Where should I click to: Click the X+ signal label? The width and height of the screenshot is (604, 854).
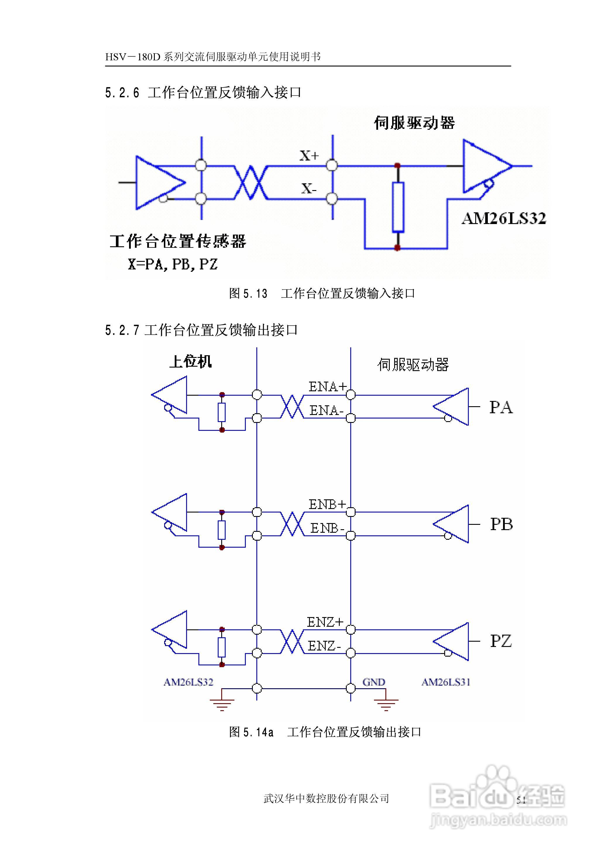click(x=309, y=155)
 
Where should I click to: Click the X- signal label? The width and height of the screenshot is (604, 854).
click(x=309, y=189)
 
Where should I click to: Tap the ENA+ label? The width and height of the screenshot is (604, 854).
click(x=327, y=387)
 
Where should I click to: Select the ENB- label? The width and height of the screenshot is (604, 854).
click(x=327, y=528)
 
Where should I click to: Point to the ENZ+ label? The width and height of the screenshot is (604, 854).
click(x=325, y=622)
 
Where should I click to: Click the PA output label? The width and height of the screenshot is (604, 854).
click(x=501, y=407)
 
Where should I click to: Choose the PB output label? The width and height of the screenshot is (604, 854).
click(x=501, y=524)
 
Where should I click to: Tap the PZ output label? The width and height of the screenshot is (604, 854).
click(x=501, y=641)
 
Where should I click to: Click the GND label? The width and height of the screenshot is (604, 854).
click(x=374, y=682)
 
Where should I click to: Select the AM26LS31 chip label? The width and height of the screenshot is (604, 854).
click(x=446, y=682)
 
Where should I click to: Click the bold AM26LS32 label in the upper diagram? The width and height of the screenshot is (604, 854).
click(x=504, y=218)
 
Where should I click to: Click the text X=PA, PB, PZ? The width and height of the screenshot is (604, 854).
click(x=173, y=264)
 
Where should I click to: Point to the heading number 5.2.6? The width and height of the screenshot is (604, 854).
click(x=122, y=93)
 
